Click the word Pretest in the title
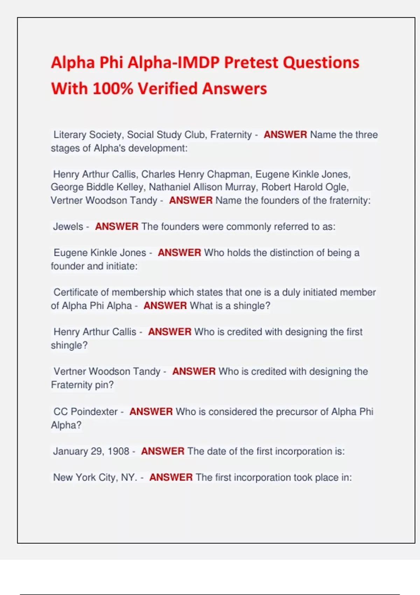tap(251, 63)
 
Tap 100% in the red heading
tap(113, 89)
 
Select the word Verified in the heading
tap(167, 89)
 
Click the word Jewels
tap(68, 227)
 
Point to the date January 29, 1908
tap(91, 451)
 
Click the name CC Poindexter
tap(85, 412)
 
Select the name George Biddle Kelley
tap(97, 187)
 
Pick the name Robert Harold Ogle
tap(304, 187)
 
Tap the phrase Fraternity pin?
tap(82, 385)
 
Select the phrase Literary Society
tap(87, 135)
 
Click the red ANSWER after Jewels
tap(117, 227)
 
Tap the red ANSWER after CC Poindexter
tap(151, 412)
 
